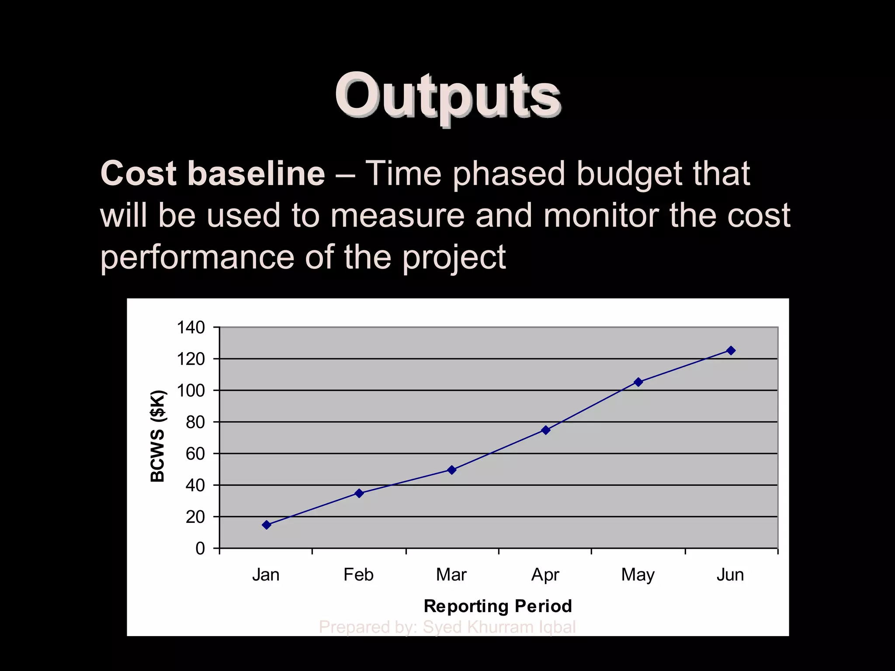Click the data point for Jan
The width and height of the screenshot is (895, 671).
click(x=267, y=525)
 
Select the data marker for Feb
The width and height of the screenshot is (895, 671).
click(x=359, y=493)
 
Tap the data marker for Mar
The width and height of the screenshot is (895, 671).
click(x=452, y=470)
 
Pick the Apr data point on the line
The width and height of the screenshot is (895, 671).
click(x=545, y=430)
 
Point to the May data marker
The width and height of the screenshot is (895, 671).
click(x=638, y=382)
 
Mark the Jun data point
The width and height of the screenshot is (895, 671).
click(x=731, y=350)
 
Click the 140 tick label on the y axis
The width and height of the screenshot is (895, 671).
click(x=191, y=327)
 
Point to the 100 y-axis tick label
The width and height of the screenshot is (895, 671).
click(x=191, y=391)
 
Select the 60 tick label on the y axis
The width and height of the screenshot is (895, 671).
click(x=195, y=454)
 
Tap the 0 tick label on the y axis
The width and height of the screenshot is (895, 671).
click(x=200, y=548)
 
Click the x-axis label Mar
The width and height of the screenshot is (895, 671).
click(x=451, y=575)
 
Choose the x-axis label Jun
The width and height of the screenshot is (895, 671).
click(x=730, y=575)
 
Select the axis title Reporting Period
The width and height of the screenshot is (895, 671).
click(x=498, y=606)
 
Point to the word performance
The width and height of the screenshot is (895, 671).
click(x=197, y=258)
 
